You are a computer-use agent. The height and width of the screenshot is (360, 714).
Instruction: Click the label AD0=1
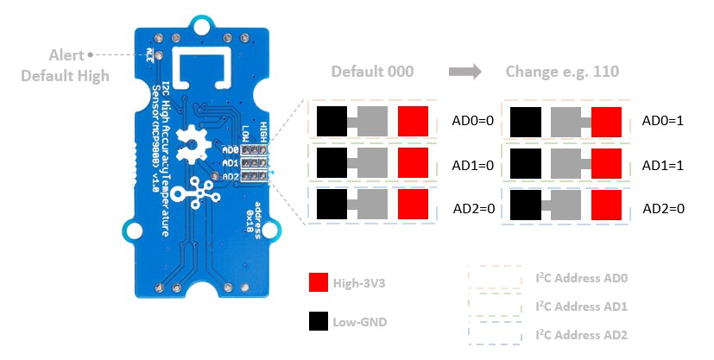tap(663, 121)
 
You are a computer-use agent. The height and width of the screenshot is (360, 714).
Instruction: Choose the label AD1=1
tap(663, 164)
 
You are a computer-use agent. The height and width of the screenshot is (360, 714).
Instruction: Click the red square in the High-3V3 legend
tap(318, 283)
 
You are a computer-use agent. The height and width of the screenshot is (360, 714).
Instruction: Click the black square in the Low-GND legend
tap(318, 323)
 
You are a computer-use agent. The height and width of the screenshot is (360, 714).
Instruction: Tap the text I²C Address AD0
tap(581, 280)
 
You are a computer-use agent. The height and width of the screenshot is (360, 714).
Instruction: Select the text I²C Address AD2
tap(581, 334)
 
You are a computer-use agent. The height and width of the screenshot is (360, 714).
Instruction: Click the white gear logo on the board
tap(189, 142)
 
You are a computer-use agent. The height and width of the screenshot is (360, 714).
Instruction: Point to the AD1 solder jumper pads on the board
tap(253, 161)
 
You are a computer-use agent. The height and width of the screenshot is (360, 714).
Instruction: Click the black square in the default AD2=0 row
tap(332, 204)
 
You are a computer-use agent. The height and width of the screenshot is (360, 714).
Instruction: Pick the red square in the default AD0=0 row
tap(413, 121)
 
